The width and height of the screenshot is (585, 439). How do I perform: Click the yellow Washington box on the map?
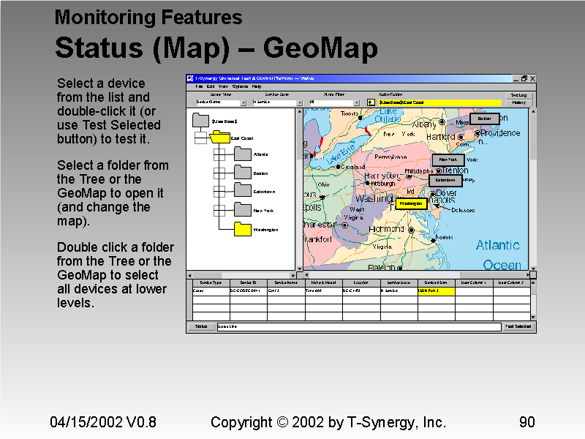(410, 203)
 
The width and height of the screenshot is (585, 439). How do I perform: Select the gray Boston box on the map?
(484, 119)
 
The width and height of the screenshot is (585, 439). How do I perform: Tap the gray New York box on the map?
(448, 160)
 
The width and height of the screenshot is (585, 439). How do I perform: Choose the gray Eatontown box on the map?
(445, 180)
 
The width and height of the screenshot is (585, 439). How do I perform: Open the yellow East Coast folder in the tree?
(219, 137)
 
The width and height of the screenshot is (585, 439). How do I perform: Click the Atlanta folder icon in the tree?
(243, 154)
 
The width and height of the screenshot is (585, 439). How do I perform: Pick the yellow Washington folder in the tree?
(243, 229)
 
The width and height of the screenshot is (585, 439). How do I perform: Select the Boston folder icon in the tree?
(243, 173)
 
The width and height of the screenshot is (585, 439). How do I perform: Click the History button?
(519, 102)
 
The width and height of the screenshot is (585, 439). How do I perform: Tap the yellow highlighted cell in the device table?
(437, 291)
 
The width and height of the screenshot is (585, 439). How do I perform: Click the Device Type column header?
(211, 282)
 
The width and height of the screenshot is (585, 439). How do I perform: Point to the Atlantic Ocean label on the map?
(498, 254)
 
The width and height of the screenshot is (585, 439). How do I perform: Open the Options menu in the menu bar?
(240, 86)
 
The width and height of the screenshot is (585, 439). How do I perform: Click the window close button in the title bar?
(532, 78)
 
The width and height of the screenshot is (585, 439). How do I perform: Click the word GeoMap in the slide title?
(320, 48)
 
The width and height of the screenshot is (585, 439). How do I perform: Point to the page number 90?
(526, 422)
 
